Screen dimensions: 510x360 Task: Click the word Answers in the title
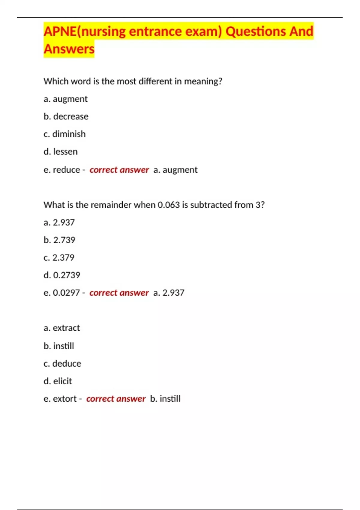coord(69,49)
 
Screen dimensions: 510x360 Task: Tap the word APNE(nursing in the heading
coord(85,31)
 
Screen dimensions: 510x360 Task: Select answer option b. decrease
coord(66,116)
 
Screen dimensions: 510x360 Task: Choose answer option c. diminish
coord(64,134)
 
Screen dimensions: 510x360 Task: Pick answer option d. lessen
coord(61,152)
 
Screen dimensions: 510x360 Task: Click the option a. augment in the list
coord(65,99)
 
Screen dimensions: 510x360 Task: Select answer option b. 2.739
coord(59,240)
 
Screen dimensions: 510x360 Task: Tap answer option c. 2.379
coord(59,258)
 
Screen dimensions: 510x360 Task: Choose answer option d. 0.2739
coord(62,275)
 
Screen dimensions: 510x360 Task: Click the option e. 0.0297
coord(62,293)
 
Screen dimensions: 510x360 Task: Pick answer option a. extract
coord(62,328)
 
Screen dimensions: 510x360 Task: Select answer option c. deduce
coord(62,364)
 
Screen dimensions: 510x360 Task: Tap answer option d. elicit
coord(58,381)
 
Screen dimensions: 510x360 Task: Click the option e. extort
coord(60,399)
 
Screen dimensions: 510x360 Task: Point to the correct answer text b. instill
coord(165,399)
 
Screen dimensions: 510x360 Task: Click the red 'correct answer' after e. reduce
coord(119,170)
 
